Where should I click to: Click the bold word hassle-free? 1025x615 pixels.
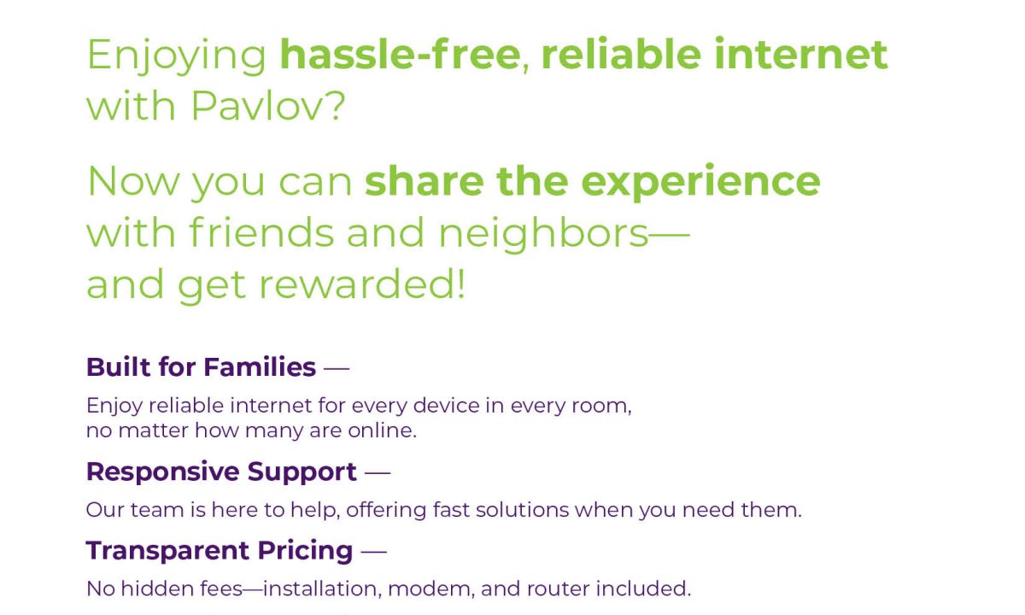click(x=400, y=55)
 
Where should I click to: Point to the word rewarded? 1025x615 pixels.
click(x=356, y=284)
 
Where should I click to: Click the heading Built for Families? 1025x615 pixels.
click(x=201, y=367)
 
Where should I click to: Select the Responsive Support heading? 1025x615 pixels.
click(x=221, y=472)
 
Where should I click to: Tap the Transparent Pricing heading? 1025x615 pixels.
click(x=220, y=550)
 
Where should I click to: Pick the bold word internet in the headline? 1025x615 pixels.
click(x=801, y=55)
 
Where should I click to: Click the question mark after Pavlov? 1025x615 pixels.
click(x=337, y=106)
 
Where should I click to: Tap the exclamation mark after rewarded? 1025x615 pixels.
click(x=460, y=284)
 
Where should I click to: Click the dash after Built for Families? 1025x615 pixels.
click(x=337, y=367)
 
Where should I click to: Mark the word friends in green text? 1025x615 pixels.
click(x=261, y=232)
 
